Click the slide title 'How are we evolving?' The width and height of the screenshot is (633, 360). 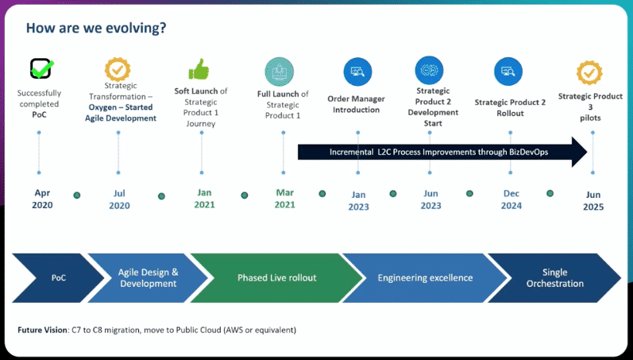pyautogui.click(x=96, y=28)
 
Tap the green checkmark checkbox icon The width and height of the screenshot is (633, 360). pyautogui.click(x=41, y=68)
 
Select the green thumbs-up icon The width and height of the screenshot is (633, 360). pyautogui.click(x=199, y=69)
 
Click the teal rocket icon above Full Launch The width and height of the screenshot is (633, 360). pyautogui.click(x=279, y=72)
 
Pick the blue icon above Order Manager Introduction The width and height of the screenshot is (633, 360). pyautogui.click(x=357, y=72)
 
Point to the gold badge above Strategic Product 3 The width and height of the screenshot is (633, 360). pyautogui.click(x=589, y=73)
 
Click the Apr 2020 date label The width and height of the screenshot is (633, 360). pyautogui.click(x=42, y=199)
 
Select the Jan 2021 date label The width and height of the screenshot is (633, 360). pyautogui.click(x=204, y=199)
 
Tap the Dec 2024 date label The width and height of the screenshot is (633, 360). pyautogui.click(x=511, y=199)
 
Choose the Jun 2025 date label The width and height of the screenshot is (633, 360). pyautogui.click(x=593, y=201)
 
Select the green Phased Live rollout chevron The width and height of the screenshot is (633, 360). pyautogui.click(x=277, y=278)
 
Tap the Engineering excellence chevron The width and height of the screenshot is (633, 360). pyautogui.click(x=425, y=278)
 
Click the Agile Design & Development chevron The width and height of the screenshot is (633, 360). pyautogui.click(x=149, y=278)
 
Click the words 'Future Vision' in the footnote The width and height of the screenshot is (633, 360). pyautogui.click(x=42, y=330)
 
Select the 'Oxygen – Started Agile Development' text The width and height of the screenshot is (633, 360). pyautogui.click(x=121, y=113)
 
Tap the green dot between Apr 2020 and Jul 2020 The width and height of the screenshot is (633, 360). pyautogui.click(x=77, y=195)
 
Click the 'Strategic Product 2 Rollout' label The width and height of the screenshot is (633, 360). pyautogui.click(x=510, y=108)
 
